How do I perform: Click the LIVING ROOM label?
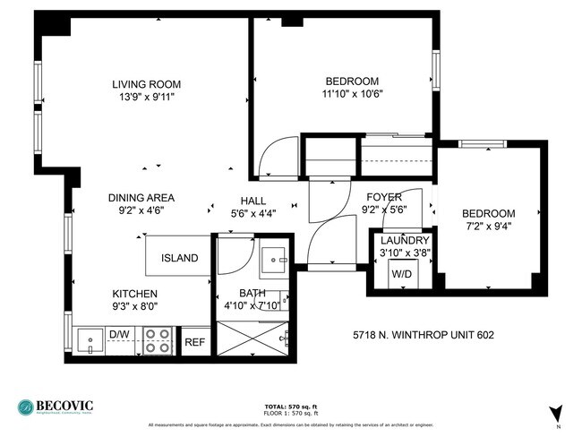pyautogui.click(x=141, y=82)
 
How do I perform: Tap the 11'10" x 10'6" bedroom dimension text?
pyautogui.click(x=351, y=93)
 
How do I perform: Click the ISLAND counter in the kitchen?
pyautogui.click(x=179, y=258)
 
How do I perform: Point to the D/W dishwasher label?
pyautogui.click(x=119, y=335)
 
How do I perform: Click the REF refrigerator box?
pyautogui.click(x=194, y=341)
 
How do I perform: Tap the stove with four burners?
pyautogui.click(x=158, y=340)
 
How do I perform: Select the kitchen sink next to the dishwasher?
pyautogui.click(x=89, y=340)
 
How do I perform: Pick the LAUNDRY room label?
pyautogui.click(x=405, y=241)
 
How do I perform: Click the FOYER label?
pyautogui.click(x=383, y=197)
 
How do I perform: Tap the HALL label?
pyautogui.click(x=253, y=201)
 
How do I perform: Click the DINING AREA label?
pyautogui.click(x=141, y=198)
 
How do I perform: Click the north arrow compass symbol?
pyautogui.click(x=556, y=413)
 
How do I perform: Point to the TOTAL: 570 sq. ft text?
pyautogui.click(x=290, y=407)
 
